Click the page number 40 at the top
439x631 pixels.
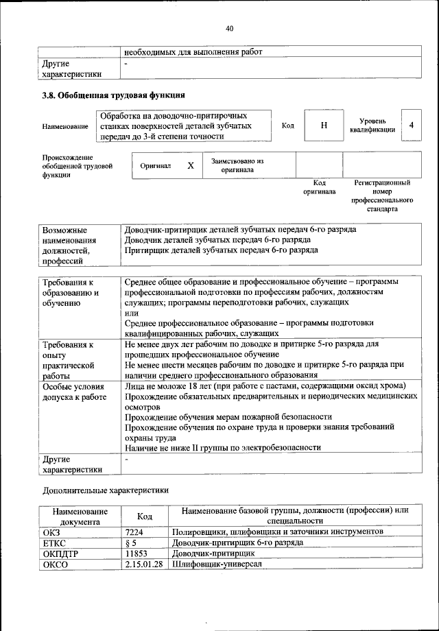(229, 28)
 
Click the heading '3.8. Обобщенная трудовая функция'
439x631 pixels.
(113, 95)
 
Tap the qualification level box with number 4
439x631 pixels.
(411, 125)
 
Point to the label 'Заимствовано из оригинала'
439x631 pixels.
(237, 165)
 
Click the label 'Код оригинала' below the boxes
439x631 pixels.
(319, 187)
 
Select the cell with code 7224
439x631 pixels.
(146, 532)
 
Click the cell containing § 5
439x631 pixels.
(146, 542)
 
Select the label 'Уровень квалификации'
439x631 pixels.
(372, 125)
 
